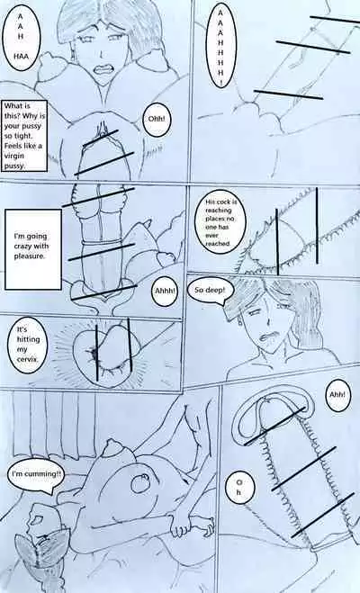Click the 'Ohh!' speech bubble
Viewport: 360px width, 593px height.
pos(157,120)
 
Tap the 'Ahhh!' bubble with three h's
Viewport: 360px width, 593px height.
pos(165,291)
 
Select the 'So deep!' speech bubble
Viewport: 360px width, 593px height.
pos(210,290)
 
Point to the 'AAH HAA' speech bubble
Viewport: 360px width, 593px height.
pos(22,37)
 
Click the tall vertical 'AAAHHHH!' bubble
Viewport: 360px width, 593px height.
pos(220,45)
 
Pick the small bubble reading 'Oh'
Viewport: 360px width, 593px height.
pos(239,488)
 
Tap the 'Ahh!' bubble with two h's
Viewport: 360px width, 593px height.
pos(337,395)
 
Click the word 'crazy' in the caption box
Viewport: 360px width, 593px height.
pos(22,247)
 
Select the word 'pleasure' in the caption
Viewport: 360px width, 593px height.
pos(29,256)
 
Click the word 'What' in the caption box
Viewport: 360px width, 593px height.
pos(12,106)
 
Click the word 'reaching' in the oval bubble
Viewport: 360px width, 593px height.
pos(218,211)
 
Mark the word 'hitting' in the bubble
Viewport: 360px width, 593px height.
pos(28,339)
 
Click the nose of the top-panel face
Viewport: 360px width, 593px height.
pos(101,53)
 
